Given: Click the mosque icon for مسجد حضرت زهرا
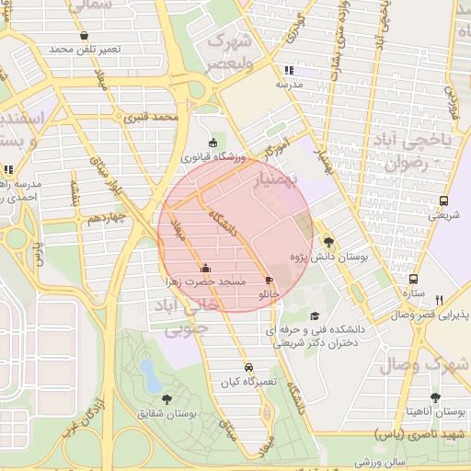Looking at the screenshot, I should [203, 270].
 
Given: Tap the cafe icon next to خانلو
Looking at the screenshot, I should [269, 280].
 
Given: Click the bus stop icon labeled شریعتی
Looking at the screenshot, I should [444, 201].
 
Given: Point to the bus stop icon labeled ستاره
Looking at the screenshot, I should [413, 279].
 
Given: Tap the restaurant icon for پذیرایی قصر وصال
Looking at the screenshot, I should [439, 300].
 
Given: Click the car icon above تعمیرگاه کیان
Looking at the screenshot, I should [248, 367].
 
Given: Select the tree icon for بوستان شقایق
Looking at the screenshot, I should [167, 398].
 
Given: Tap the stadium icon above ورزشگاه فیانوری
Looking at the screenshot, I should [213, 144].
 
